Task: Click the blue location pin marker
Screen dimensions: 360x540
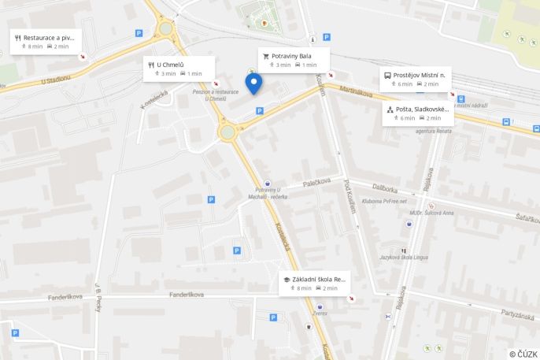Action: point(253,83)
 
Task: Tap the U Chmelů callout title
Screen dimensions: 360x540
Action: point(170,65)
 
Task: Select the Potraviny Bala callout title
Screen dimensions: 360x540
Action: point(292,56)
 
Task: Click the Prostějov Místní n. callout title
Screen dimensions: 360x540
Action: point(420,75)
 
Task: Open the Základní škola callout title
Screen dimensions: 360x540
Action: point(319,279)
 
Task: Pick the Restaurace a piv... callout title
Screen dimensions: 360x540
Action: point(50,37)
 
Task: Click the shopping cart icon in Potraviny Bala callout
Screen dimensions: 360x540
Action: point(266,56)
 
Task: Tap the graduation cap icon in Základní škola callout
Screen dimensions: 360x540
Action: point(287,279)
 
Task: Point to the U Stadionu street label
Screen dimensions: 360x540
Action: point(56,79)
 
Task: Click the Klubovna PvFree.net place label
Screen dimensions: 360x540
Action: point(384,201)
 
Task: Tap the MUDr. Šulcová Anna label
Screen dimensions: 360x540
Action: point(431,213)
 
